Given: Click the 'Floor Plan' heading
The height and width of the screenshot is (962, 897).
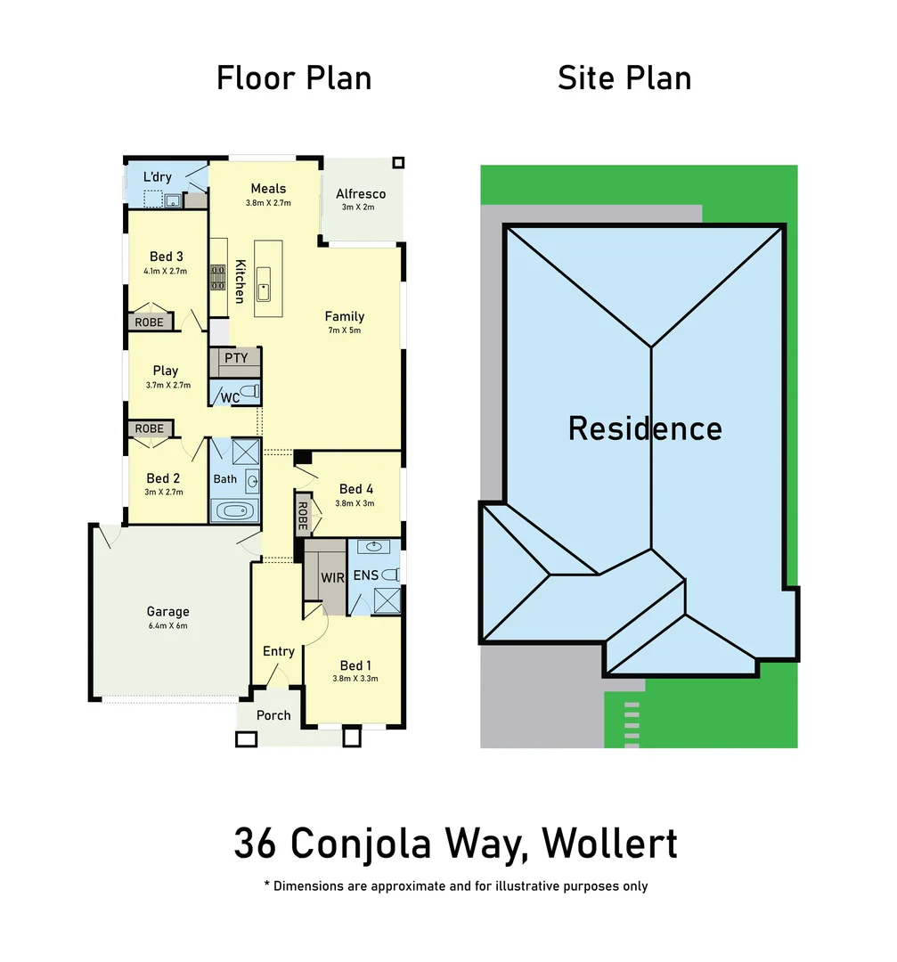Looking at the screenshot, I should [x=294, y=78].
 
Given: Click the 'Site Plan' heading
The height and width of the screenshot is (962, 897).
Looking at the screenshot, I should [x=624, y=78].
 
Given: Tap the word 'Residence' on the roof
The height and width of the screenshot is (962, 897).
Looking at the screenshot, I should [x=645, y=428].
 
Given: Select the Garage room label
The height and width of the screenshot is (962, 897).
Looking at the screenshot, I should [x=167, y=612].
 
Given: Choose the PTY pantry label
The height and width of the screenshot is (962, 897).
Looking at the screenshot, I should [x=236, y=358].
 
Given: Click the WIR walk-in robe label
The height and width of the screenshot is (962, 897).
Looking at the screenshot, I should [x=332, y=578].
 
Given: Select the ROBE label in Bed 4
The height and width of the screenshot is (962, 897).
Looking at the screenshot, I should [x=302, y=515].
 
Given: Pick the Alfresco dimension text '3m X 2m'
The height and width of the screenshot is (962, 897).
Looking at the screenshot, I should [x=360, y=208].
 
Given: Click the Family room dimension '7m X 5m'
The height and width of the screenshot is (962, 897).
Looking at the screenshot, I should [x=344, y=330].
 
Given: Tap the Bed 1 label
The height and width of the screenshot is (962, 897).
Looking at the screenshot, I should [x=355, y=665].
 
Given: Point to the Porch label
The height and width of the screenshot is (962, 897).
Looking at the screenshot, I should [x=273, y=715].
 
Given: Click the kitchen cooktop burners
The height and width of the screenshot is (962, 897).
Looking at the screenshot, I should [x=217, y=279].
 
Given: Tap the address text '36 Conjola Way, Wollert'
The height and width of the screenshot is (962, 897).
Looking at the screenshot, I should [x=455, y=843].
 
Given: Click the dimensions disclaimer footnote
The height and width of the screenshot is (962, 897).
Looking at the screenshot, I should [x=455, y=886].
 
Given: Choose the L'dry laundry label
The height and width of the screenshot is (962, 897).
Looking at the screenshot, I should [x=158, y=177].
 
